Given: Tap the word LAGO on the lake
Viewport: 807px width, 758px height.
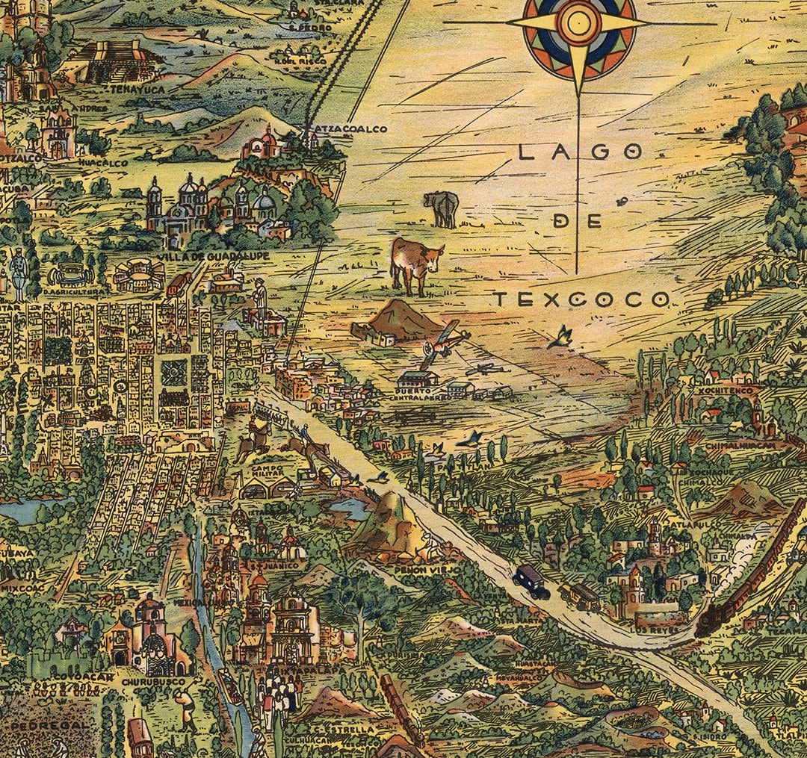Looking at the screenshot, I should pyautogui.click(x=580, y=152).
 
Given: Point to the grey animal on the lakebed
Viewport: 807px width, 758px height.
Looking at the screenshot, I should pyautogui.click(x=441, y=209).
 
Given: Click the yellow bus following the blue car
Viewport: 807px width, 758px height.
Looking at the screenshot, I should pyautogui.click(x=578, y=595).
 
